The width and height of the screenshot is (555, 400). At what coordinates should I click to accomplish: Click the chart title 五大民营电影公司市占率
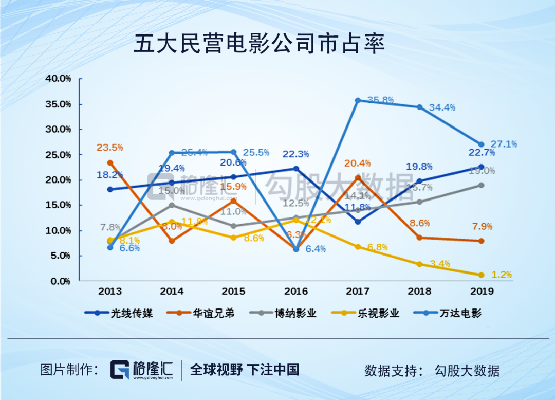[x=259, y=45]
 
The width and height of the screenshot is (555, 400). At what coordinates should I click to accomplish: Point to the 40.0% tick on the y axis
[x=58, y=79]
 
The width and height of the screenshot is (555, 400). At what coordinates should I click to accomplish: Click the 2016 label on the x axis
[x=296, y=292]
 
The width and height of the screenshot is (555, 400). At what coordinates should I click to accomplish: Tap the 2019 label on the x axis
[x=482, y=292]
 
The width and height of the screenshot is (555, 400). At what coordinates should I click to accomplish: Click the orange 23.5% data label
[x=109, y=148]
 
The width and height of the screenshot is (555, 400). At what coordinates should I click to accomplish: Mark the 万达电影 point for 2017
[x=358, y=100]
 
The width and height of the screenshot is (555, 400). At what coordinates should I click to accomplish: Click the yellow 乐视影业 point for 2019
[x=482, y=275]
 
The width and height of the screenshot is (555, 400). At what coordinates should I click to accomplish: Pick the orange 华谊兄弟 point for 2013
[x=110, y=162]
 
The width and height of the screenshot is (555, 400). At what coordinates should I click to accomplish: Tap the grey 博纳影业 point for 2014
[x=172, y=205]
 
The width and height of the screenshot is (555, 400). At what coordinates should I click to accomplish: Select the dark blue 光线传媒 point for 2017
[x=358, y=222]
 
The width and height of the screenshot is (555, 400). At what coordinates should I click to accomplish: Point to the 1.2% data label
[x=502, y=275]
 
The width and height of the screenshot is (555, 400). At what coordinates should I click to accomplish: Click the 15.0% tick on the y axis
[x=58, y=205]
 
